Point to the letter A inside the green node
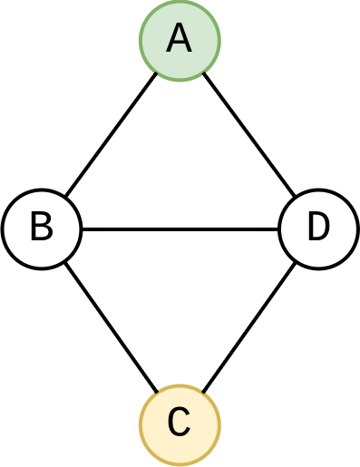180,39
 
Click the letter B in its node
41,227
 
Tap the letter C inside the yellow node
180,423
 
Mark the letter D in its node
318,227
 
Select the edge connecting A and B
111,134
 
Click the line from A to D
248,134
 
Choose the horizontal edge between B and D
180,229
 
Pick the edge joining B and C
111,327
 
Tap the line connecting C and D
248,327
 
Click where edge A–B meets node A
157,72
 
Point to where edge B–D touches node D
279,229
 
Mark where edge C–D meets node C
202,393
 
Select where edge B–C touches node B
64,261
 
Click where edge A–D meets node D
296,197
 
